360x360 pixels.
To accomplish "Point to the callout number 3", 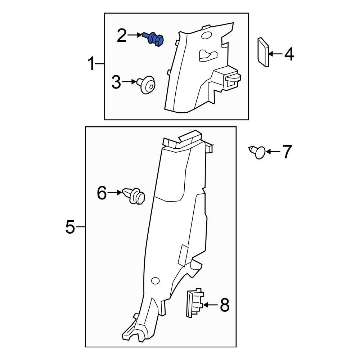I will point(116,82).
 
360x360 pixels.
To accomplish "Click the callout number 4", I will point(289,55).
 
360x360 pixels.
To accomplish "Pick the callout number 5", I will point(70,227).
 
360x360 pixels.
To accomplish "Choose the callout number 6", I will point(102,193).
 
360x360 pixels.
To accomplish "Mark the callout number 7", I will point(287,152).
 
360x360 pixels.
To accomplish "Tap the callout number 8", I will point(224,305).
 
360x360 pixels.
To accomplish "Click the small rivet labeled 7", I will point(259,152).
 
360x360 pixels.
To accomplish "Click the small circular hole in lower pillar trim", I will point(156,281).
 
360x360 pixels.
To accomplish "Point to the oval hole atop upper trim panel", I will point(206,35).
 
